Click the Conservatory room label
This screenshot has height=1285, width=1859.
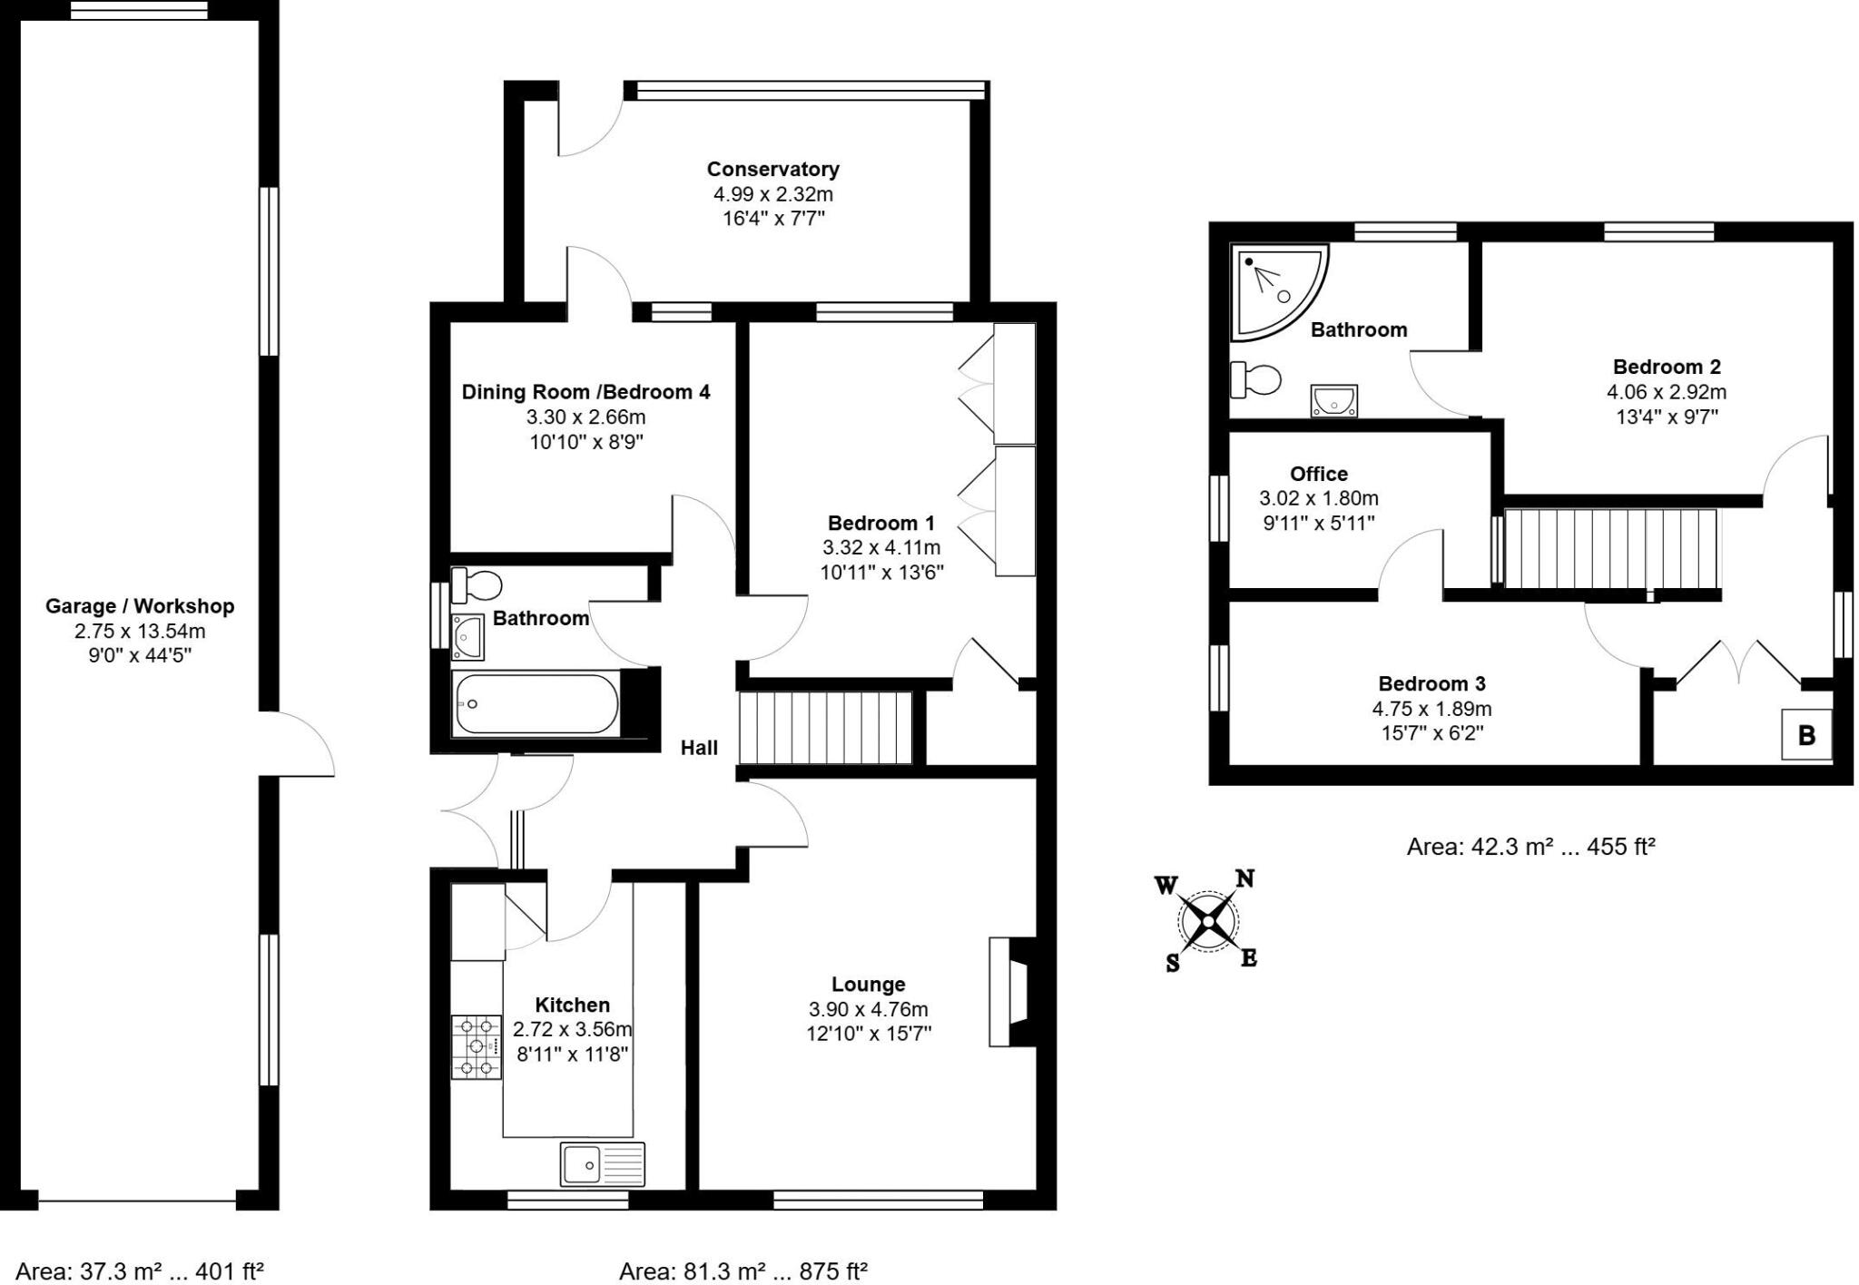click(x=772, y=169)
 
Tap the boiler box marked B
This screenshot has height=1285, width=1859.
click(x=1805, y=734)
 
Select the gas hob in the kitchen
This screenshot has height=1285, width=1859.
click(x=477, y=1046)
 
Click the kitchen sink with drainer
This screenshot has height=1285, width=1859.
click(x=602, y=1163)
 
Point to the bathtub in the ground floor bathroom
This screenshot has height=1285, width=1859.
click(x=536, y=703)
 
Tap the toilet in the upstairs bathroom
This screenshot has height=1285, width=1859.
click(x=1255, y=379)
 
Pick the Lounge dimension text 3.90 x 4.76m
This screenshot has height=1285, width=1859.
click(x=868, y=1009)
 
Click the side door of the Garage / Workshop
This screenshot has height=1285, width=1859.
click(x=298, y=744)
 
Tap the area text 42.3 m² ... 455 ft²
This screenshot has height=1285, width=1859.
click(x=1530, y=847)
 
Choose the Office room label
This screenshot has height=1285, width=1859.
click(x=1318, y=474)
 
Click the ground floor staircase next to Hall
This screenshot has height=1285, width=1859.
click(x=825, y=729)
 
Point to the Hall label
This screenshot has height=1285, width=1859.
click(x=699, y=748)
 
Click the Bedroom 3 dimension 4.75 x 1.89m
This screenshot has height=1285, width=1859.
click(x=1431, y=709)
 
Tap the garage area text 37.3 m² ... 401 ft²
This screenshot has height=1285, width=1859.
click(x=140, y=1271)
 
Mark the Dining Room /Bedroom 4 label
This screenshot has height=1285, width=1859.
click(x=585, y=392)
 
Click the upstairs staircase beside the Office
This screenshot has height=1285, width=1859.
click(x=1612, y=548)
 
